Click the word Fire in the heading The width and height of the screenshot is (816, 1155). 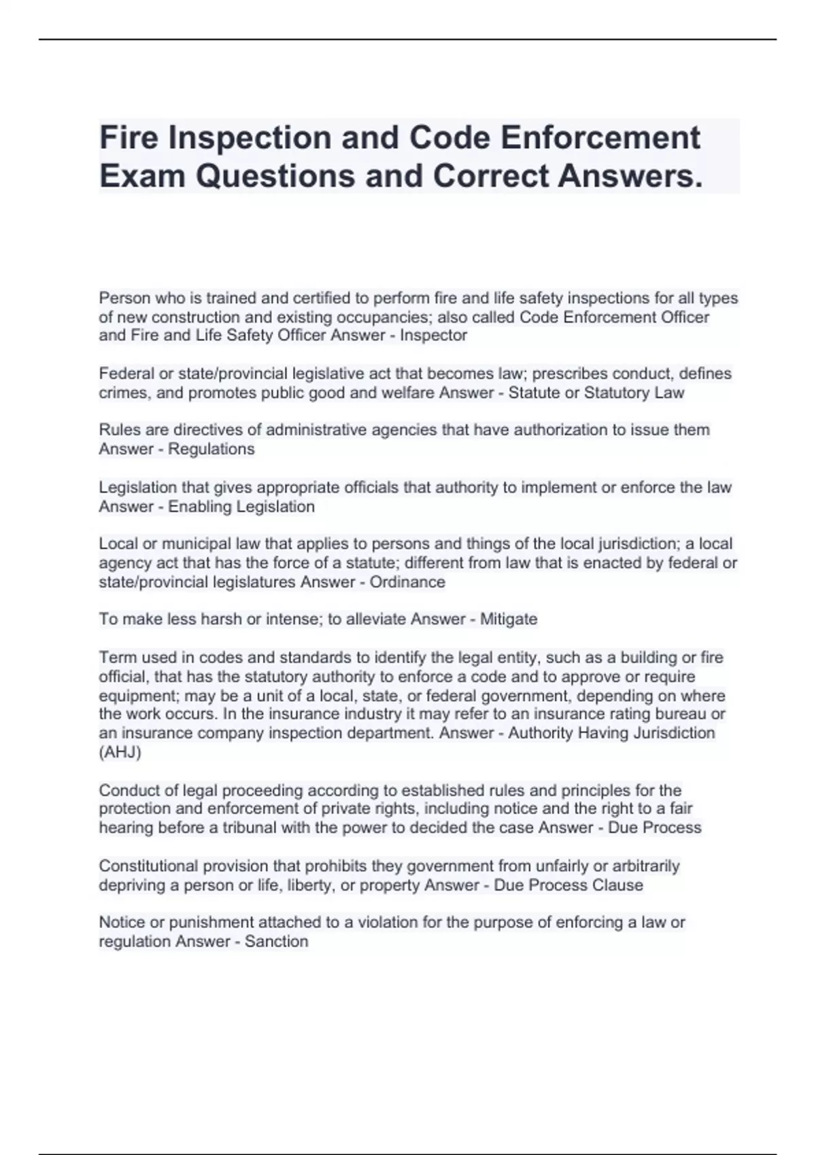coord(129,138)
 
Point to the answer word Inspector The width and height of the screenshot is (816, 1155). coord(433,336)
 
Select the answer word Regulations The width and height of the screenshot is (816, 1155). coord(211,449)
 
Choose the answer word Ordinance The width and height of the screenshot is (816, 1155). coord(407,582)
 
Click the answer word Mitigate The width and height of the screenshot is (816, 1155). coord(509,620)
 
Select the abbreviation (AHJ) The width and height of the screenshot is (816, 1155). coord(120,752)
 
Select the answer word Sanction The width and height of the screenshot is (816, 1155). coord(276,942)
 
